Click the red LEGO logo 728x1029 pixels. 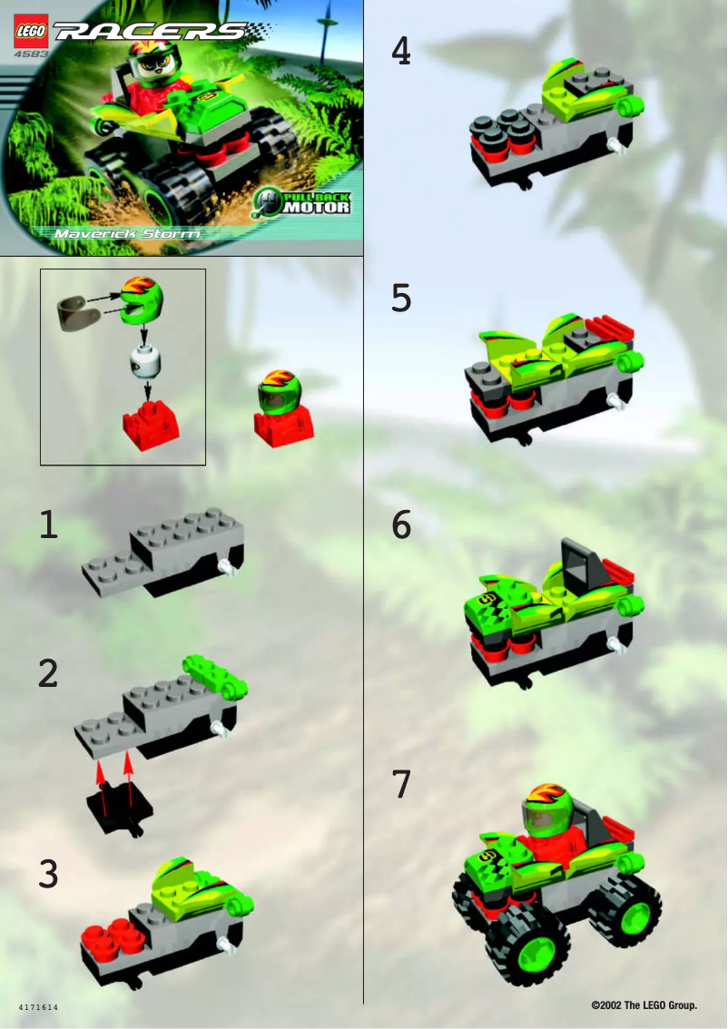pos(30,34)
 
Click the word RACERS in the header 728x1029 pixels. pos(151,33)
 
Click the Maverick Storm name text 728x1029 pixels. pos(127,233)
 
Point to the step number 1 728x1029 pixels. pos(49,525)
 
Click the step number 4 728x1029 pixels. pos(400,52)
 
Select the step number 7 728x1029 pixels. pos(400,785)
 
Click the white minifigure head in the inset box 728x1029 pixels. pos(145,362)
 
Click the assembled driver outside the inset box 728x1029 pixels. pos(283,406)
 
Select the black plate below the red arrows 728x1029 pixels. pos(119,808)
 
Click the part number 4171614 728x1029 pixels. pos(39,1008)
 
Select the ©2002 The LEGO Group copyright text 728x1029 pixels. pos(644,1005)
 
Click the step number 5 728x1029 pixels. pos(400,299)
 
